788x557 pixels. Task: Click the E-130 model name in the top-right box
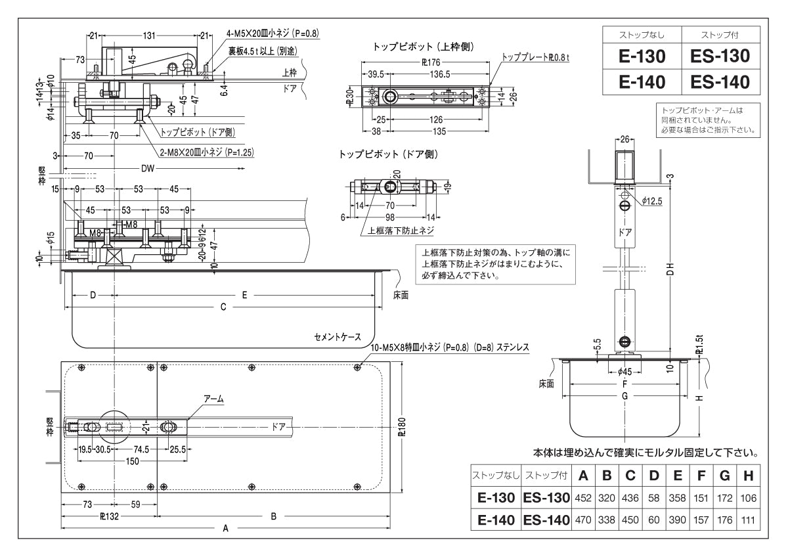(642, 56)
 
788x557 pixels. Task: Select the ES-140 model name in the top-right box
(720, 82)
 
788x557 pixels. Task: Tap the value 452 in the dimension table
(583, 499)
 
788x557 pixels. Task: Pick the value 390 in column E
(677, 520)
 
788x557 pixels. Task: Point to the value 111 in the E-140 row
(748, 520)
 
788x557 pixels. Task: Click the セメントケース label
(337, 337)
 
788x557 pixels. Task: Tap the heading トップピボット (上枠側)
(423, 47)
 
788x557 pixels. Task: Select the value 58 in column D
(653, 499)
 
